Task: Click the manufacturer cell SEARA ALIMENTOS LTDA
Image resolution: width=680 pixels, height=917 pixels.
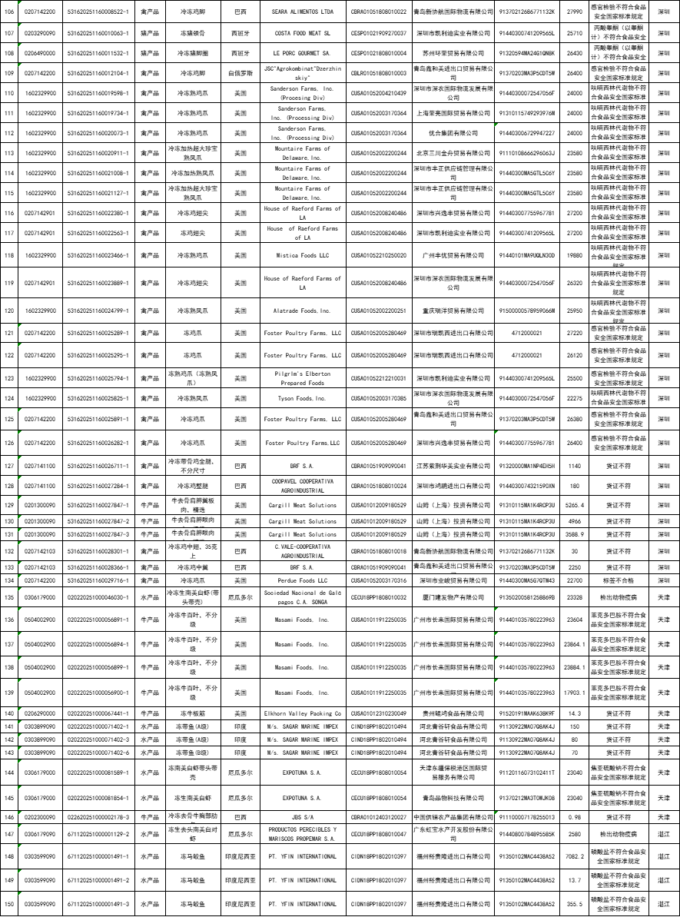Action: pos(302,13)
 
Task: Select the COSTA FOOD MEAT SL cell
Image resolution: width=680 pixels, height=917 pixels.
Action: pos(302,34)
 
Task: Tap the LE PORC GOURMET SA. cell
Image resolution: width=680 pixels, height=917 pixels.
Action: pos(302,53)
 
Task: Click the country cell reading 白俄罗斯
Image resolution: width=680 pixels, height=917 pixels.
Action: pos(240,73)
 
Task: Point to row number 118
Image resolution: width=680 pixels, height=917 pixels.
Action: pos(9,255)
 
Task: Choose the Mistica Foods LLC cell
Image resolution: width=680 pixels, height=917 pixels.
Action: pos(302,255)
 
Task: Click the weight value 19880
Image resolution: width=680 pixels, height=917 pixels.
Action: pos(574,255)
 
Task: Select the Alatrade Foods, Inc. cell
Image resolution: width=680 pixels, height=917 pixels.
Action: pos(302,311)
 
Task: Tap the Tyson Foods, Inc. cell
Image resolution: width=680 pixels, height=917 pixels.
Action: pos(302,398)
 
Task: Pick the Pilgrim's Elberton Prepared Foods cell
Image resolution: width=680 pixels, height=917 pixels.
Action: pos(302,378)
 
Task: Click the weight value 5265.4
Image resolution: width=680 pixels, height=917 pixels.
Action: pos(574,505)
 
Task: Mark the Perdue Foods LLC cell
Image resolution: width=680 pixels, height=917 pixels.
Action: pos(302,580)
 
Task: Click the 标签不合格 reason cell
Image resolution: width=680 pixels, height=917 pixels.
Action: pos(619,580)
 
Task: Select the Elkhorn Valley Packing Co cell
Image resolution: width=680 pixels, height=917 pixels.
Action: pos(302,713)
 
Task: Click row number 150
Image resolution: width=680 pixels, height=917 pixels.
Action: pos(9,904)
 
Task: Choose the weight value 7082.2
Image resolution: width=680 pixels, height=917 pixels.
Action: pos(574,856)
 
